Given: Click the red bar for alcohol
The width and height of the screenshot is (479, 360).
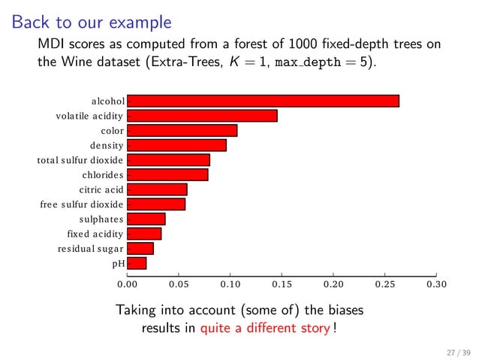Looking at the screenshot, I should click(263, 101).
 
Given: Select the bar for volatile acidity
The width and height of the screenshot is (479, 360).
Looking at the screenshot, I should click(202, 116).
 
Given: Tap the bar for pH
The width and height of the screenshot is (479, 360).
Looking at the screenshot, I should click(137, 263).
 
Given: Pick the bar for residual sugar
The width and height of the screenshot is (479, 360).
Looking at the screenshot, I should click(140, 248).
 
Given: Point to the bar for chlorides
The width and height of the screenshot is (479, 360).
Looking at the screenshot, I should click(167, 175).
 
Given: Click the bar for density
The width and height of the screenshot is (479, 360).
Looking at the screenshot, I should click(176, 145).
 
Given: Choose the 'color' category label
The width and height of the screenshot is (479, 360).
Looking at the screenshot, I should click(112, 131).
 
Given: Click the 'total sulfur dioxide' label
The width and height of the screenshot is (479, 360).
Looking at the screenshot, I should click(80, 160).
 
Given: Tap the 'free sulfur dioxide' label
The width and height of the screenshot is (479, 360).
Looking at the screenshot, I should click(82, 204).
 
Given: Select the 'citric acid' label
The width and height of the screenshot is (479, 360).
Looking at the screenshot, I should click(101, 189).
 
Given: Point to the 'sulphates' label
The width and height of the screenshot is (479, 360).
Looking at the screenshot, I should click(101, 219).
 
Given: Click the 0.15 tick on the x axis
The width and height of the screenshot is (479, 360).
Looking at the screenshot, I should click(282, 285).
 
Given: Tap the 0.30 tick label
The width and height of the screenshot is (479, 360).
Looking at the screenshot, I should click(435, 285).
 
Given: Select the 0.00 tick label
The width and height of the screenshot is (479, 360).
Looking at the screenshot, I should click(127, 285).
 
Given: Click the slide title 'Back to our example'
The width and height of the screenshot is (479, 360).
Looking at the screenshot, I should click(91, 23).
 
